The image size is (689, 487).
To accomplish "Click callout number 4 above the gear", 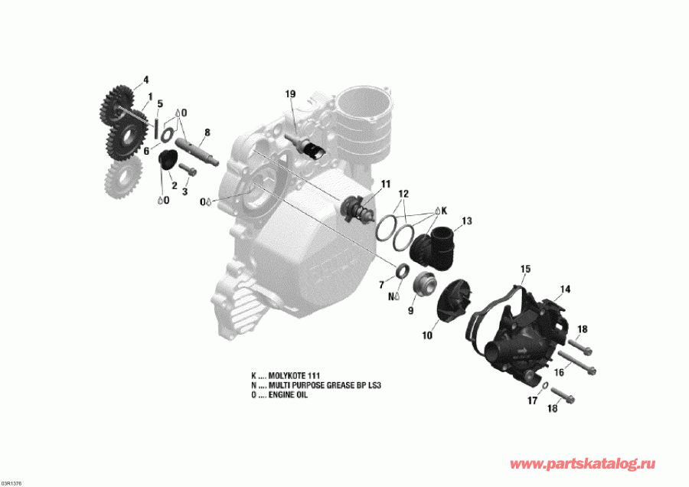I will tap(145, 80).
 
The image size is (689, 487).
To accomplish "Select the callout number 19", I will tap(290, 94).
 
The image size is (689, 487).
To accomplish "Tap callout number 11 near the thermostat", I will tap(385, 184).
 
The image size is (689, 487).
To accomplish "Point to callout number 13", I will tap(466, 221).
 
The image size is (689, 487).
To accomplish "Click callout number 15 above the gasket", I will tap(525, 269).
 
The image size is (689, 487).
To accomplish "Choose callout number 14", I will tap(565, 289).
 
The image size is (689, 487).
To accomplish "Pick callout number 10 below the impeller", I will tap(427, 335).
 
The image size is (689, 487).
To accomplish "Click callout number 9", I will tap(410, 311).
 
